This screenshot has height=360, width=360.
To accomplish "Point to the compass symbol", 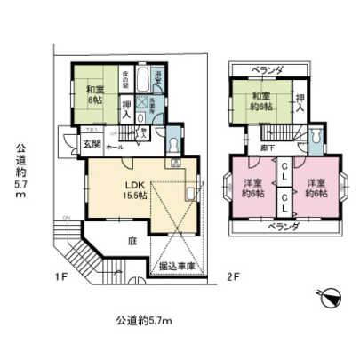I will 326,295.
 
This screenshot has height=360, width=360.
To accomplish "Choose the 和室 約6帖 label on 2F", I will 260,100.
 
